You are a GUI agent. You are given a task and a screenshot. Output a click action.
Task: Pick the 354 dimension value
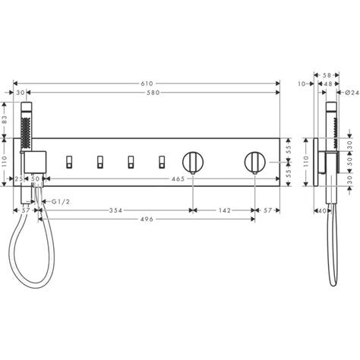click(x=115, y=210)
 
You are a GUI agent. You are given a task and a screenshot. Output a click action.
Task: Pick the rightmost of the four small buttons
click(x=160, y=160)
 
